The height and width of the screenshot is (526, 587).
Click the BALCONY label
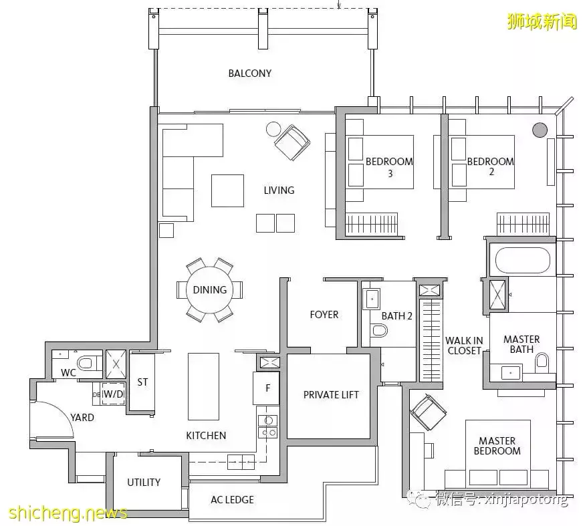(249, 73)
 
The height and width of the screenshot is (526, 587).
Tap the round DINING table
(210, 289)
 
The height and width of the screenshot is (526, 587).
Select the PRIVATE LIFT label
(331, 394)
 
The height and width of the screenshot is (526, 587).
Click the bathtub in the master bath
(523, 260)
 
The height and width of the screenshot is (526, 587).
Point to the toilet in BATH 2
(379, 330)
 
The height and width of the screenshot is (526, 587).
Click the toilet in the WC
(86, 363)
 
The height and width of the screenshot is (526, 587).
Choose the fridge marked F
(267, 388)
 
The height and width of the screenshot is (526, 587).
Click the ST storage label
(142, 382)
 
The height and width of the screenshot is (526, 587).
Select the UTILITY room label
(144, 482)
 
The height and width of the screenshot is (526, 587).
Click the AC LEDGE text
(232, 499)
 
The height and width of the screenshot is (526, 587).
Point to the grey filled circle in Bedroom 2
(540, 130)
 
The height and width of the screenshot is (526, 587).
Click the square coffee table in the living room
(227, 190)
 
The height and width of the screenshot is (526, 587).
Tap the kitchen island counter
(203, 386)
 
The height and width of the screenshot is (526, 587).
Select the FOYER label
(324, 315)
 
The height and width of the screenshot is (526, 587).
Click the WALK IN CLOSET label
(464, 346)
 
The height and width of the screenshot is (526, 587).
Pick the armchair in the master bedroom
(429, 412)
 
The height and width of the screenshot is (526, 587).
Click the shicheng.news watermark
(68, 513)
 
